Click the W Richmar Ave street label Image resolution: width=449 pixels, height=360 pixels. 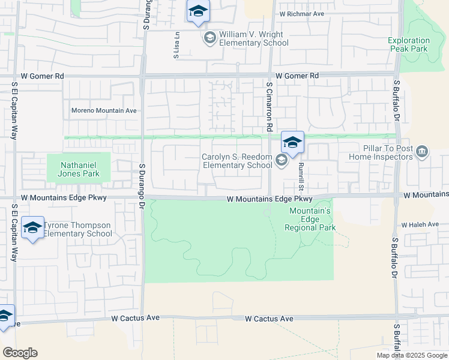point(301,13)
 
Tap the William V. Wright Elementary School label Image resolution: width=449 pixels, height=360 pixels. point(253,39)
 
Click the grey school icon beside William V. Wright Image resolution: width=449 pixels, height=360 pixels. point(209,39)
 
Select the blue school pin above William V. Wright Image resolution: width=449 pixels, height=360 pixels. point(197,11)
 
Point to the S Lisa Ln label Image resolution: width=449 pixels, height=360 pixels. point(176,46)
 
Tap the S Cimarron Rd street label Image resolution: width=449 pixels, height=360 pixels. point(270,108)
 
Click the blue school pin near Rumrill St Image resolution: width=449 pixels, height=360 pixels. point(292,143)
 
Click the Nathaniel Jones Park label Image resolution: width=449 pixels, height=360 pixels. point(79,165)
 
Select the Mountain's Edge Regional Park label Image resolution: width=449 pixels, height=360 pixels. point(312,219)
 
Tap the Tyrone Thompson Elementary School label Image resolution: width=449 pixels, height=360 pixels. point(77,229)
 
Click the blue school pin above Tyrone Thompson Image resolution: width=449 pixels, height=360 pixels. point(32,228)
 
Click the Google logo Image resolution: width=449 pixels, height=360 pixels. point(20,353)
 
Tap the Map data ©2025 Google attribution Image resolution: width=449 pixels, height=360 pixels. point(412,355)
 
